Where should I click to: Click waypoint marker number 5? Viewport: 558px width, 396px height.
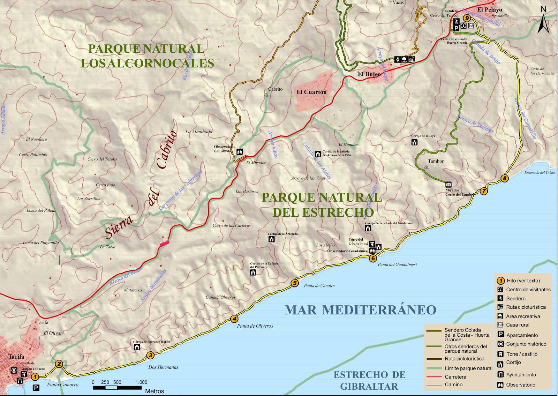click(x=295, y=283)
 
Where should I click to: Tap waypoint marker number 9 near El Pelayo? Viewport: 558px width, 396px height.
click(x=467, y=18)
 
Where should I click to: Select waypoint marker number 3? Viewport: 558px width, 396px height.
click(x=150, y=356)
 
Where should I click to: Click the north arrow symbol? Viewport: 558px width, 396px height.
click(x=543, y=21)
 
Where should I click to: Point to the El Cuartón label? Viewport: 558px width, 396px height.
click(x=311, y=92)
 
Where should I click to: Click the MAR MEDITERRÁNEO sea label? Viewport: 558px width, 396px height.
click(x=360, y=310)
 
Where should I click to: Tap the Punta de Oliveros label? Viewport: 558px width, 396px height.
click(x=255, y=326)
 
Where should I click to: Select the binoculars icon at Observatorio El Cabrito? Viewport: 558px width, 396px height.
click(x=240, y=152)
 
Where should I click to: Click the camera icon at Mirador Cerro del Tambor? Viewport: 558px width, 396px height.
click(x=448, y=184)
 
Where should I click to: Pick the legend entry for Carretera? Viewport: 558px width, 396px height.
click(x=455, y=377)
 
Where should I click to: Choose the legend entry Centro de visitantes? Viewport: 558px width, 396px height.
click(x=528, y=290)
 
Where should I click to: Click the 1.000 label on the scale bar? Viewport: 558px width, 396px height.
click(x=141, y=382)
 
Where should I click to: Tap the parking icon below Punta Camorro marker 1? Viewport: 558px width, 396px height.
click(x=36, y=387)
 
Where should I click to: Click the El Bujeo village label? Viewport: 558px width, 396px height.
click(x=369, y=74)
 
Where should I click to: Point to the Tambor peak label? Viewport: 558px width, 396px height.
click(x=436, y=161)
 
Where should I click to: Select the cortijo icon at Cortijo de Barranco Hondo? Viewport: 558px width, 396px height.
click(x=137, y=347)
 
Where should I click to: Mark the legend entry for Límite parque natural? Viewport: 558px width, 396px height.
click(x=468, y=368)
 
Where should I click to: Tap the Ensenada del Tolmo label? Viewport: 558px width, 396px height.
click(x=539, y=172)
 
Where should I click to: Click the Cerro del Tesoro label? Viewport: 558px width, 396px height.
click(x=102, y=159)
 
